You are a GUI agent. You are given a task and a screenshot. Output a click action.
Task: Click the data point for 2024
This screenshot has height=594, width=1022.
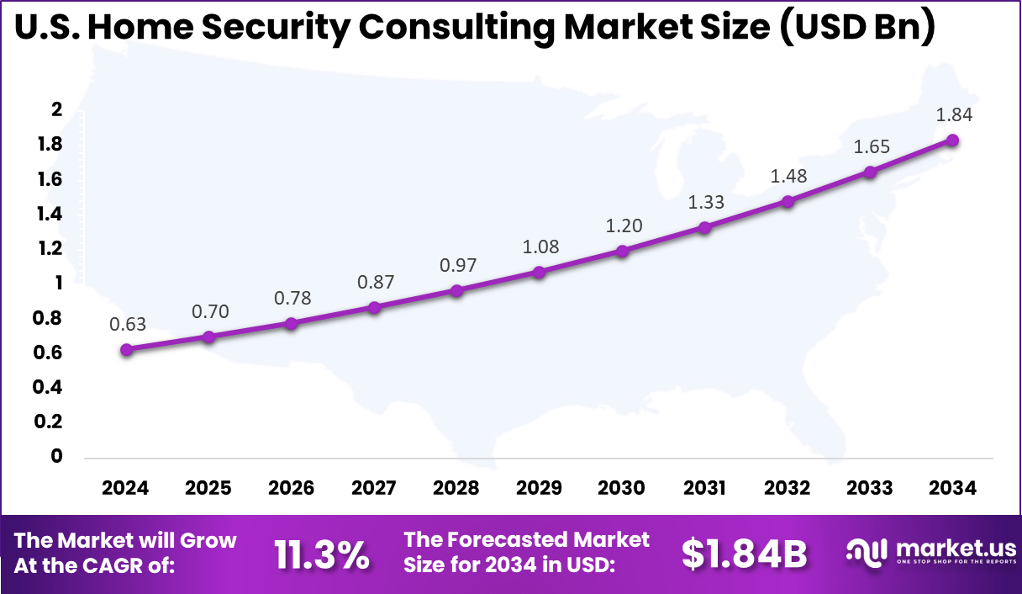tap(126, 350)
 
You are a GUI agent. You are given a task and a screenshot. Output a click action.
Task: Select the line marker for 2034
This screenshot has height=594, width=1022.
tap(952, 140)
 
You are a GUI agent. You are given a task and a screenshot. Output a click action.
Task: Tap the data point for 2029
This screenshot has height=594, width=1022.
tap(540, 272)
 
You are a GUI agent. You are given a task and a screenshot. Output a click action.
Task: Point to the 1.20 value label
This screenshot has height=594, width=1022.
tap(622, 226)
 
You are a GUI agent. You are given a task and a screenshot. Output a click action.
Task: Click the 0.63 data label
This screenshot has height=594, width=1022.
tap(126, 325)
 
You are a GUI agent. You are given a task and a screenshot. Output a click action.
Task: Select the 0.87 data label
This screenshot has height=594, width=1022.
tap(374, 283)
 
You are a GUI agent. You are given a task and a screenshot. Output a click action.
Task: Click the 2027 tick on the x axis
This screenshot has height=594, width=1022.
tap(374, 489)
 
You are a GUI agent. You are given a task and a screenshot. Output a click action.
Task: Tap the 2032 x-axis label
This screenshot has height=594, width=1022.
tap(788, 489)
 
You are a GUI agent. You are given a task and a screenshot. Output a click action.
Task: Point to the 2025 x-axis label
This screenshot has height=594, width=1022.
tap(208, 489)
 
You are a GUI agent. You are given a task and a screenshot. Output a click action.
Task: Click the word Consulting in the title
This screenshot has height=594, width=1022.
tap(456, 28)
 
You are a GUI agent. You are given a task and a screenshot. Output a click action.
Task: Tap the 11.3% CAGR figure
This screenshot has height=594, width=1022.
tap(322, 554)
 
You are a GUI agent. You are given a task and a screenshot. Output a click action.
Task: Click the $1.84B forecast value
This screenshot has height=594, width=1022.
tap(744, 554)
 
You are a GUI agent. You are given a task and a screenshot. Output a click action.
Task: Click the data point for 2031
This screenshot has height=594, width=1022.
tap(704, 227)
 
